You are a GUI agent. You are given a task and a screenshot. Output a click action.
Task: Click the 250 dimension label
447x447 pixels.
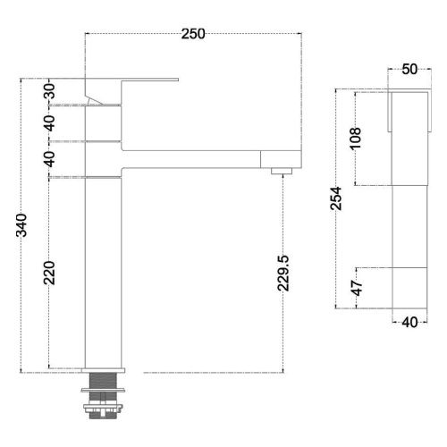tap(193, 34)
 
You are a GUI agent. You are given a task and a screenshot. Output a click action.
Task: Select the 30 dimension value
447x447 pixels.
tap(50, 92)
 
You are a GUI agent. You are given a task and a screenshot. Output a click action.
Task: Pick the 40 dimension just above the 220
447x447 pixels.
tap(50, 159)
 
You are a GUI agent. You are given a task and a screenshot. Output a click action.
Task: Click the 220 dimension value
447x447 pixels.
tap(50, 272)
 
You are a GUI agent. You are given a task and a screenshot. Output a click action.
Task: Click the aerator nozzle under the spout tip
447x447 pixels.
tap(282, 168)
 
